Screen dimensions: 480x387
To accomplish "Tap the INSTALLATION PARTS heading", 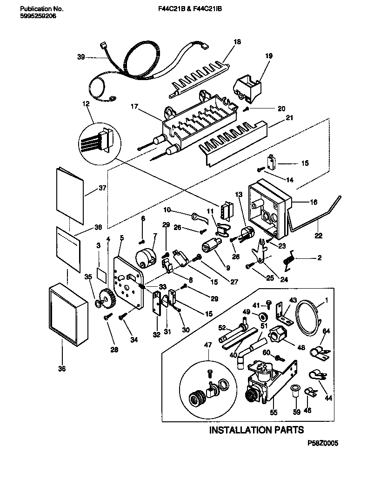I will point(256,430).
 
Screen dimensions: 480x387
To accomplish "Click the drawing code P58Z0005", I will point(322,444).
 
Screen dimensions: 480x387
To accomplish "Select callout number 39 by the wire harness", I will point(80,57).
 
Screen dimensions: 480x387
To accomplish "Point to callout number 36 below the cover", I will point(62,369).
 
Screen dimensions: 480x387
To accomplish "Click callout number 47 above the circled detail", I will point(208,345).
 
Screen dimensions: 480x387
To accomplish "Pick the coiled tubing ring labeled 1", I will point(308,317).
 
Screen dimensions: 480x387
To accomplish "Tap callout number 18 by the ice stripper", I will point(237,42).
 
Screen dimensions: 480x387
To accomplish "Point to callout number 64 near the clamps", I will point(327,331).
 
